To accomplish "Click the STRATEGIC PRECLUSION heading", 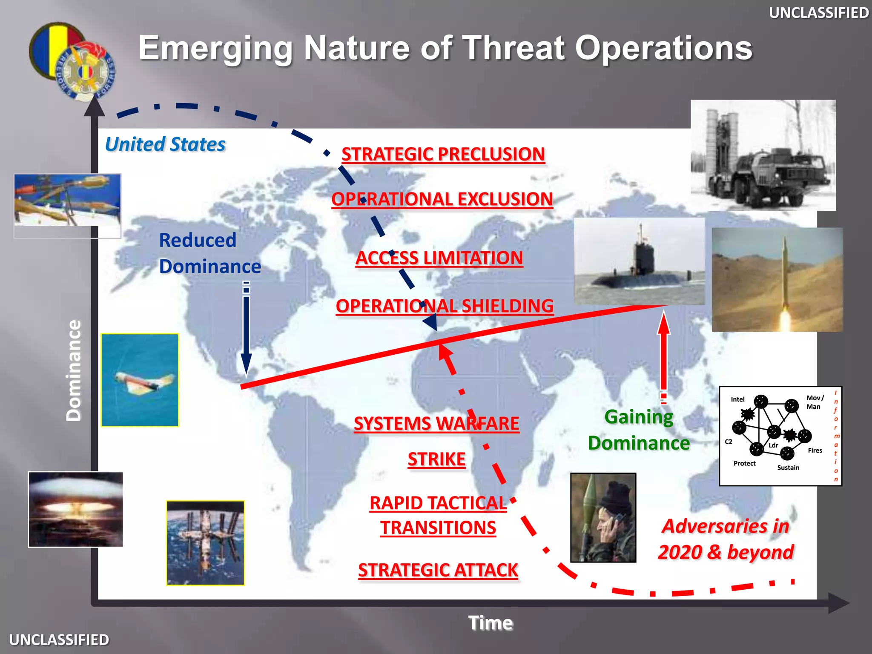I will (x=443, y=154).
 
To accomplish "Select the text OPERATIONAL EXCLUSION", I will (x=442, y=199).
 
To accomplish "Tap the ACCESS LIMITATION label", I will (x=439, y=258).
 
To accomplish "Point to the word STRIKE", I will (x=436, y=459).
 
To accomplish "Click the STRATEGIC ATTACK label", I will (x=438, y=570).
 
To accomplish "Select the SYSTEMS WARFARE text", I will (x=436, y=424).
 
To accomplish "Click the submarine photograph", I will (x=639, y=261).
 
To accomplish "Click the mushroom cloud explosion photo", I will (x=76, y=509).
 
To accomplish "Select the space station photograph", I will (x=205, y=543).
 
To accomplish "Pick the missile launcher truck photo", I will (x=763, y=155).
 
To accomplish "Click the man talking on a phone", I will (x=603, y=518).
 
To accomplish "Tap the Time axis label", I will (x=490, y=623).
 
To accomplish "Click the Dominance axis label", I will (x=74, y=370).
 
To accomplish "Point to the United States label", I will (x=165, y=144).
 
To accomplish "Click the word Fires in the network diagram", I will (x=815, y=450).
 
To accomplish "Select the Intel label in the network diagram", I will (x=737, y=399).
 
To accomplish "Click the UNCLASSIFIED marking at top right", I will (x=818, y=13).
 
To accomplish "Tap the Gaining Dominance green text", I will (x=639, y=430).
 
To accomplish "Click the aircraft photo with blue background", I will (x=140, y=380).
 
